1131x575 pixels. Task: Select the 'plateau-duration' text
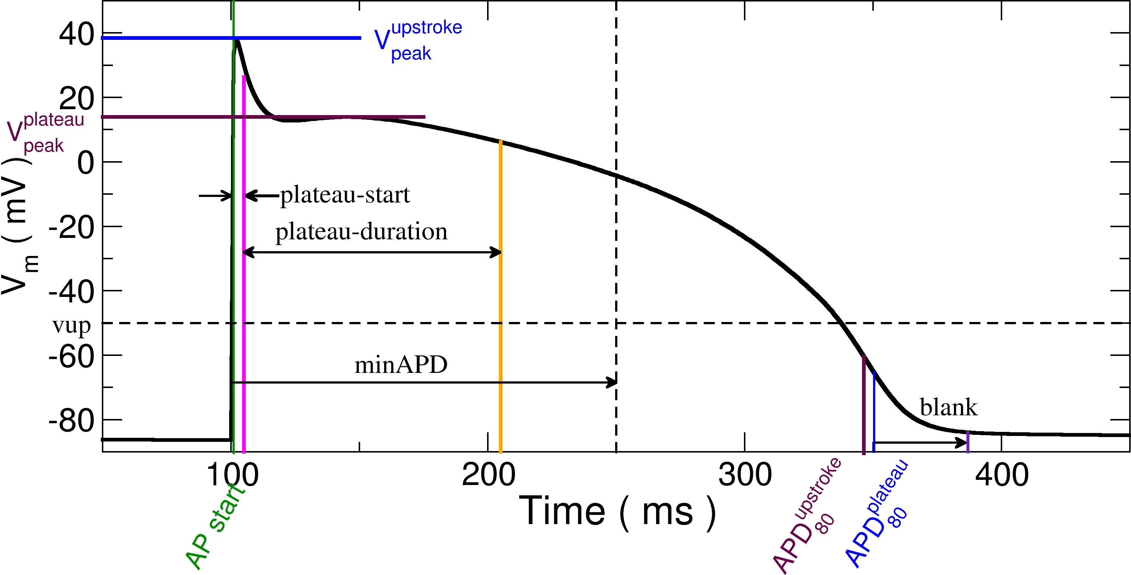[361, 231]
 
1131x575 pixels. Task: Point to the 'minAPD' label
[401, 365]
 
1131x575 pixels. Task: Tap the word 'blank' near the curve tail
[948, 407]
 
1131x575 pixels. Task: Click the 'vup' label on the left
[72, 326]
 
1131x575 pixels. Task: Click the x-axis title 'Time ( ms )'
[617, 511]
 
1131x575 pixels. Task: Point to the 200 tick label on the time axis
[488, 475]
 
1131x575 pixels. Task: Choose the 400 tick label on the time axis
[1001, 475]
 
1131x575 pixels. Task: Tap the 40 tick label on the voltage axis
[77, 34]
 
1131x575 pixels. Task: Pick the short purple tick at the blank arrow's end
[968, 441]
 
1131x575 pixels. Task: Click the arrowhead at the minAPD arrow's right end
[612, 382]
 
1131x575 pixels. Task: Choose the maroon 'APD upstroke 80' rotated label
[806, 518]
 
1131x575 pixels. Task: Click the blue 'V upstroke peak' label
[417, 40]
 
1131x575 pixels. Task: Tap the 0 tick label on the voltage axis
[86, 163]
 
